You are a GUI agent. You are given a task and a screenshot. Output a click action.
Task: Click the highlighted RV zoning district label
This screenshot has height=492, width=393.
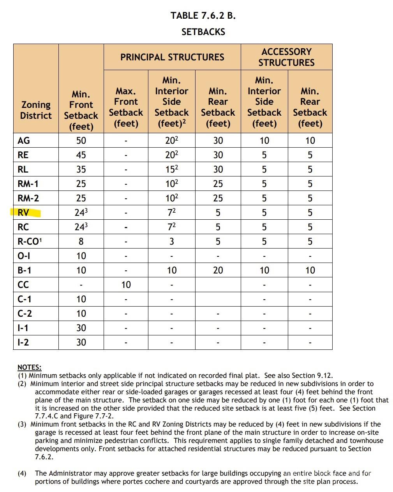point(23,213)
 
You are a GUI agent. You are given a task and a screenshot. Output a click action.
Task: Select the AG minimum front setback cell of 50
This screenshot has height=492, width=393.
point(81,141)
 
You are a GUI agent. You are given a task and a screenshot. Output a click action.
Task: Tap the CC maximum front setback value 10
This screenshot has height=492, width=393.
point(126,285)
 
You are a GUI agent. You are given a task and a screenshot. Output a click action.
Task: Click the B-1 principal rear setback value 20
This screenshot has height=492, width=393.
point(218,270)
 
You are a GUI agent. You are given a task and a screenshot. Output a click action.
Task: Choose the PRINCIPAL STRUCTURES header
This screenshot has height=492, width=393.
point(172,57)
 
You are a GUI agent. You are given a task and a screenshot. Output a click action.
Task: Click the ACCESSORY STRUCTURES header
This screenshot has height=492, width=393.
point(286,57)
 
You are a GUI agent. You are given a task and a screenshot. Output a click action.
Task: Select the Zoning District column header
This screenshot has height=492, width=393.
point(36,110)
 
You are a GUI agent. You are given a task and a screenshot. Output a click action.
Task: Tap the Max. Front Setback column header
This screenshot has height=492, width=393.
point(126,107)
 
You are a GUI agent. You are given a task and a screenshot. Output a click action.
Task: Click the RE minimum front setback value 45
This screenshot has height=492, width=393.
point(81,155)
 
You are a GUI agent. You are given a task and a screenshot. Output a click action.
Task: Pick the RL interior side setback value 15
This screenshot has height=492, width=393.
point(171,169)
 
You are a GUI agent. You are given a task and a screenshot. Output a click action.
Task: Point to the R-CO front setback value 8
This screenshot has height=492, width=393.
point(81,242)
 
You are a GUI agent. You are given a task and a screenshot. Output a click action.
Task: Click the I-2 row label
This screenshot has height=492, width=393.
point(23,342)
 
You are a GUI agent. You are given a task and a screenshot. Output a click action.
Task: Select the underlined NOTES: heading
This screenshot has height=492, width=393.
point(29,367)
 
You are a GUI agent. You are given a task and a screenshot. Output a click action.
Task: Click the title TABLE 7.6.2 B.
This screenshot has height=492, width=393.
point(203,16)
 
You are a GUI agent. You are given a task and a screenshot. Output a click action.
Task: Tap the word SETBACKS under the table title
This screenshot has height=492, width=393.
point(203,32)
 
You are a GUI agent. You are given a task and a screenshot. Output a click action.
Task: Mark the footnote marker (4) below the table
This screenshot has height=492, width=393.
point(22,473)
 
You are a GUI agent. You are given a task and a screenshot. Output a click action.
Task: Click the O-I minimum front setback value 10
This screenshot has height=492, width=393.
point(81,256)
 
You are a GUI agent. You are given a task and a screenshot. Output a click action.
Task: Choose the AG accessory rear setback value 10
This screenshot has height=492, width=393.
point(310,141)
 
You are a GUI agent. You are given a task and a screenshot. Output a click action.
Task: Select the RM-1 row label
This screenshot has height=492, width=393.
point(28,184)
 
